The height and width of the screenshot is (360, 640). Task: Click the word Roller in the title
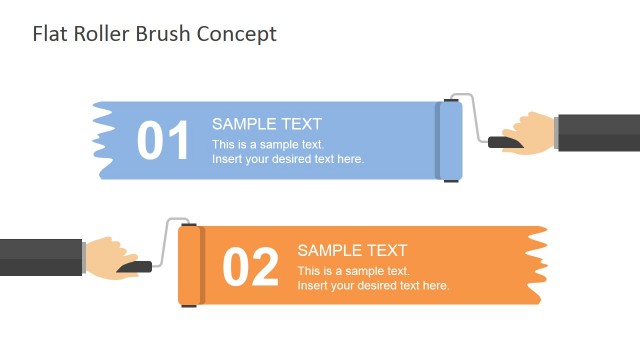97,34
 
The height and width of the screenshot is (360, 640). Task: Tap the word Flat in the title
48,34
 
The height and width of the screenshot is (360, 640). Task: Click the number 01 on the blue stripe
163,142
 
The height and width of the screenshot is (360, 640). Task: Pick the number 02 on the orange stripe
250,268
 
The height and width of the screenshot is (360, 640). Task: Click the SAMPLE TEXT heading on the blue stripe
267,124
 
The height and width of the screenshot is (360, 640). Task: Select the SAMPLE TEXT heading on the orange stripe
352,250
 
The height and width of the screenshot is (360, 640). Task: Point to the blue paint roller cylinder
450,141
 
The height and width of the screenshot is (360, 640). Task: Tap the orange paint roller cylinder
191,265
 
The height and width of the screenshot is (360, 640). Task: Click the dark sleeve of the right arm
598,132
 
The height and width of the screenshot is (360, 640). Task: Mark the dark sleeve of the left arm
40,257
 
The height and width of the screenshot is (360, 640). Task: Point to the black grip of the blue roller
504,143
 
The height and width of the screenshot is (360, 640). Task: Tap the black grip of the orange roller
134,267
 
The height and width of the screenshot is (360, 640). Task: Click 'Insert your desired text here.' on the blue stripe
288,159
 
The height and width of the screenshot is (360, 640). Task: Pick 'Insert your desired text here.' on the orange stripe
373,285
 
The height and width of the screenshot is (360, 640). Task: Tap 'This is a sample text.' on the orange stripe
353,271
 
